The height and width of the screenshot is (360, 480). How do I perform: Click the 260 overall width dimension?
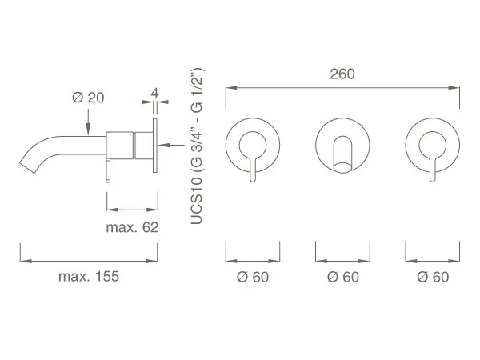[x=342, y=74]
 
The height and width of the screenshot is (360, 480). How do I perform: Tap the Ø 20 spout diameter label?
[x=88, y=98]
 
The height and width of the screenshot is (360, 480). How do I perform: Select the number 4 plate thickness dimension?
[x=155, y=93]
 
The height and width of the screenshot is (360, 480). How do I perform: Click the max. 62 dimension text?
[x=132, y=227]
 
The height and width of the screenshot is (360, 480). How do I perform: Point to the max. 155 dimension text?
[x=89, y=277]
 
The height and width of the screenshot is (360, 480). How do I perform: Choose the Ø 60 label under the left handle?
[x=253, y=277]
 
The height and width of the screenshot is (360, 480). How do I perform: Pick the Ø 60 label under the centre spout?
[x=343, y=277]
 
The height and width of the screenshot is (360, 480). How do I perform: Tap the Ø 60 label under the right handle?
[x=433, y=277]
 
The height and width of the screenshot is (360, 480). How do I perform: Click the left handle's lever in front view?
[x=253, y=168]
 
